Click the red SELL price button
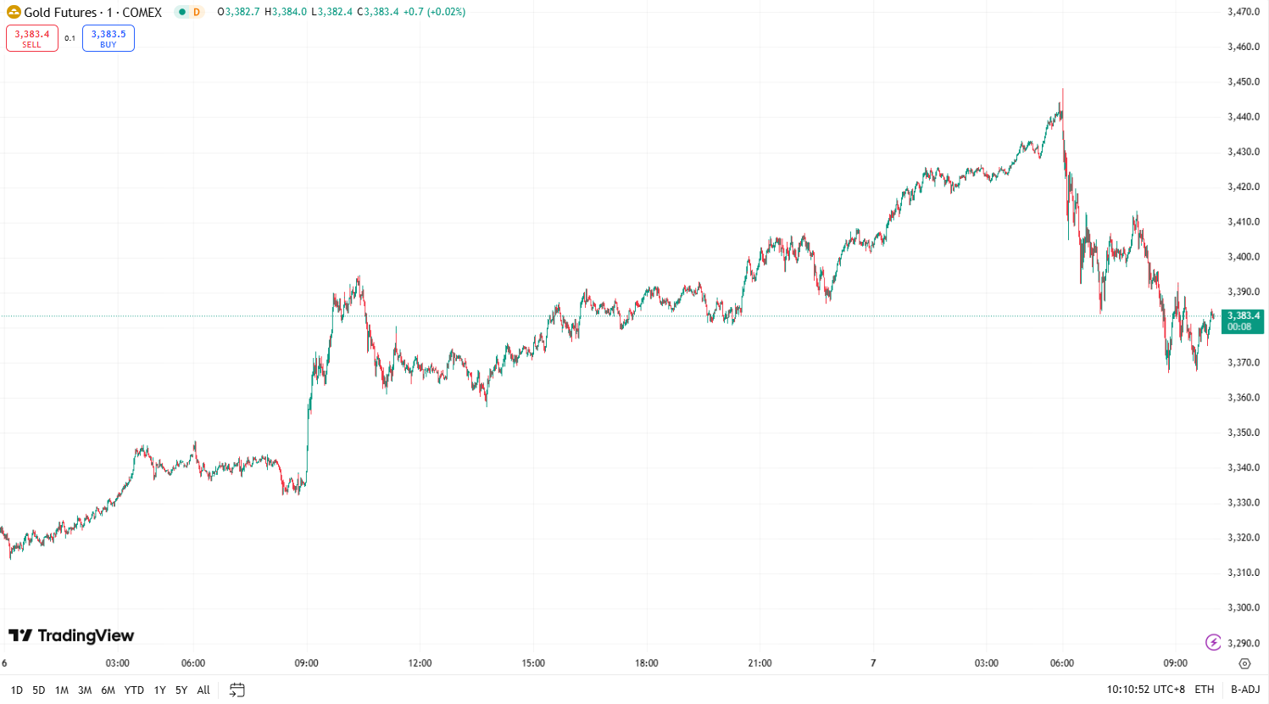pyautogui.click(x=32, y=38)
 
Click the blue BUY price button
pyautogui.click(x=109, y=38)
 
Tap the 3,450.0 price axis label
pyautogui.click(x=1243, y=82)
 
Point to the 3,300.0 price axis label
pyautogui.click(x=1243, y=607)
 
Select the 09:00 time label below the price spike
pyautogui.click(x=306, y=663)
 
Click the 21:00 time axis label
pyautogui.click(x=760, y=663)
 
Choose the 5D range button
pyautogui.click(x=39, y=690)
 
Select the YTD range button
pyautogui.click(x=134, y=690)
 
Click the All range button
pyautogui.click(x=203, y=690)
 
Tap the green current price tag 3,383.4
pyautogui.click(x=1243, y=321)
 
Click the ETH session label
pyautogui.click(x=1205, y=690)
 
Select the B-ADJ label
pyautogui.click(x=1245, y=690)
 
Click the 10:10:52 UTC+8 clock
pyautogui.click(x=1145, y=690)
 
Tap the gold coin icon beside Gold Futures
pyautogui.click(x=14, y=12)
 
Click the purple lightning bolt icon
pyautogui.click(x=1213, y=642)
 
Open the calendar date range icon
pyautogui.click(x=237, y=690)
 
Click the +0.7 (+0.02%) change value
pyautogui.click(x=434, y=12)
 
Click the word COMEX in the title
pyautogui.click(x=142, y=13)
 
